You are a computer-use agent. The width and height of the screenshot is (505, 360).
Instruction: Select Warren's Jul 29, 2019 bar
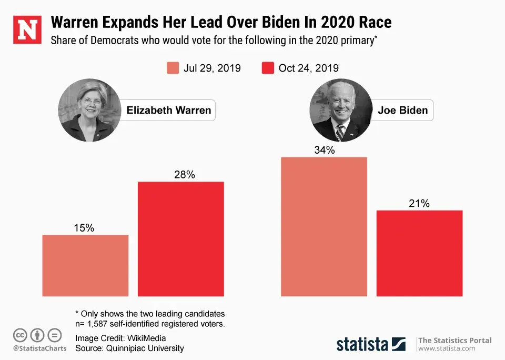pos(85,265)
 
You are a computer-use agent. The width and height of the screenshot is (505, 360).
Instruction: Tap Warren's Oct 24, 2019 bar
pos(181,239)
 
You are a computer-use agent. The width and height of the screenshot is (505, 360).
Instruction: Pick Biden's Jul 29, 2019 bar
pos(324,227)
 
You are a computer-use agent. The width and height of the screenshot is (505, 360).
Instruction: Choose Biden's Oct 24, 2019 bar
pos(419,253)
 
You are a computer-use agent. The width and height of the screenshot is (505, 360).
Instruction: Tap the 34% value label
pos(325,150)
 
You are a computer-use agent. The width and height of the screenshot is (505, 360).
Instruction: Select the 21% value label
pos(419,203)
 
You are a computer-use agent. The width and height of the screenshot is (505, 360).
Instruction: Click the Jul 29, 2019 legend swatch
pos(173,68)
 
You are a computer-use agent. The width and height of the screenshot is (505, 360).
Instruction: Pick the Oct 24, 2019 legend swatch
pos(268,68)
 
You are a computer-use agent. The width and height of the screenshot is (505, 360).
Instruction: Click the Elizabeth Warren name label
pos(169,110)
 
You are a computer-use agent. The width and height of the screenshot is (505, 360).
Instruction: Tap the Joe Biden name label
pos(402,111)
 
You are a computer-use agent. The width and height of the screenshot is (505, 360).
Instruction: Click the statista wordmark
pos(363,344)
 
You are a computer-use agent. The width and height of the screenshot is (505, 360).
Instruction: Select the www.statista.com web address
pos(447,348)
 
